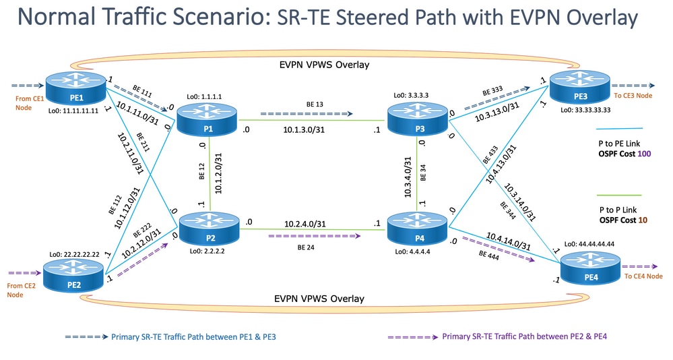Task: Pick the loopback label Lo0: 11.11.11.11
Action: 67,111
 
